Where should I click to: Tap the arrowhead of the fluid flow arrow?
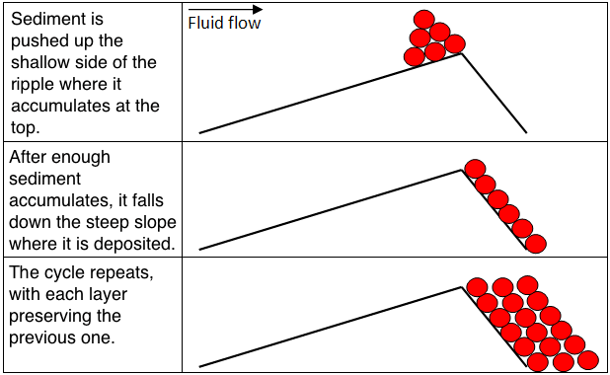[258, 9]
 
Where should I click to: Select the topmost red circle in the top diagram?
[424, 20]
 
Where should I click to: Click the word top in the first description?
[26, 127]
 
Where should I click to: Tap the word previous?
[42, 337]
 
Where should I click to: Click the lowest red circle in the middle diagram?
[536, 244]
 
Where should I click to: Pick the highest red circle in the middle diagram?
[475, 169]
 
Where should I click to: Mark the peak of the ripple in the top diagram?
[461, 53]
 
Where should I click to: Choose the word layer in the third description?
[107, 295]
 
